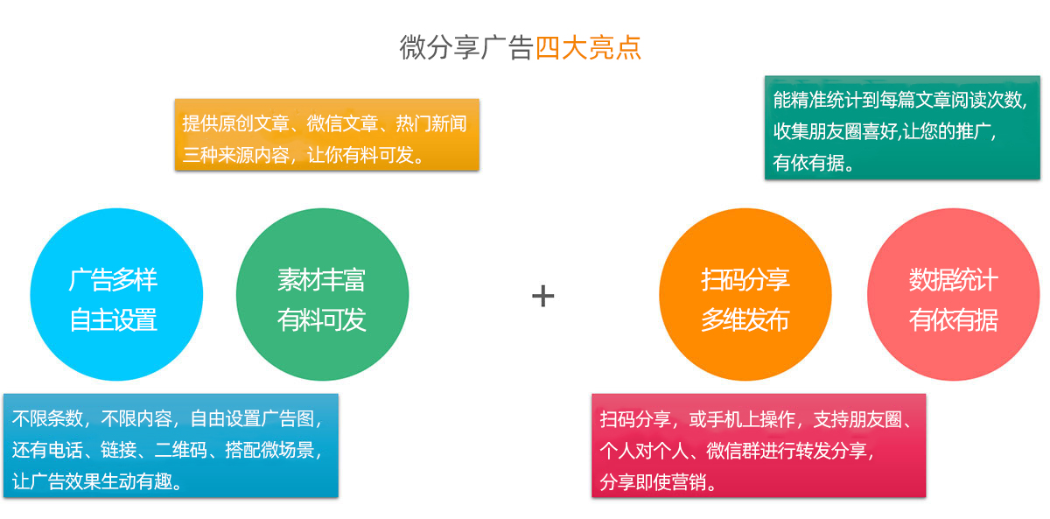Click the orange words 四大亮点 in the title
point(588,47)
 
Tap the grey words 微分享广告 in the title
point(467,47)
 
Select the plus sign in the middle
point(542,296)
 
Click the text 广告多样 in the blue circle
point(113,280)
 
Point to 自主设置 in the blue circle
point(113,319)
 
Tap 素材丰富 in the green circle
point(321,280)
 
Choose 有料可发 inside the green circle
point(321,319)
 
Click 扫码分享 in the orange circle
point(745,280)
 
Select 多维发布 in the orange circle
point(745,319)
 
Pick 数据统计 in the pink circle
point(954,280)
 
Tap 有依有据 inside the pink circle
point(954,319)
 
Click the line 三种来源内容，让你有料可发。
point(304,155)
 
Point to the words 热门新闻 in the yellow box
point(431,123)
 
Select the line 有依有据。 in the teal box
point(813,163)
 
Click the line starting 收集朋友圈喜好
point(885,131)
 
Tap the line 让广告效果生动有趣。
point(97,481)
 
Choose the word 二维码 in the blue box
point(180,450)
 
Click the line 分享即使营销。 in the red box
point(658,481)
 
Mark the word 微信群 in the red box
point(732,451)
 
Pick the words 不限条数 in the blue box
point(47,418)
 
